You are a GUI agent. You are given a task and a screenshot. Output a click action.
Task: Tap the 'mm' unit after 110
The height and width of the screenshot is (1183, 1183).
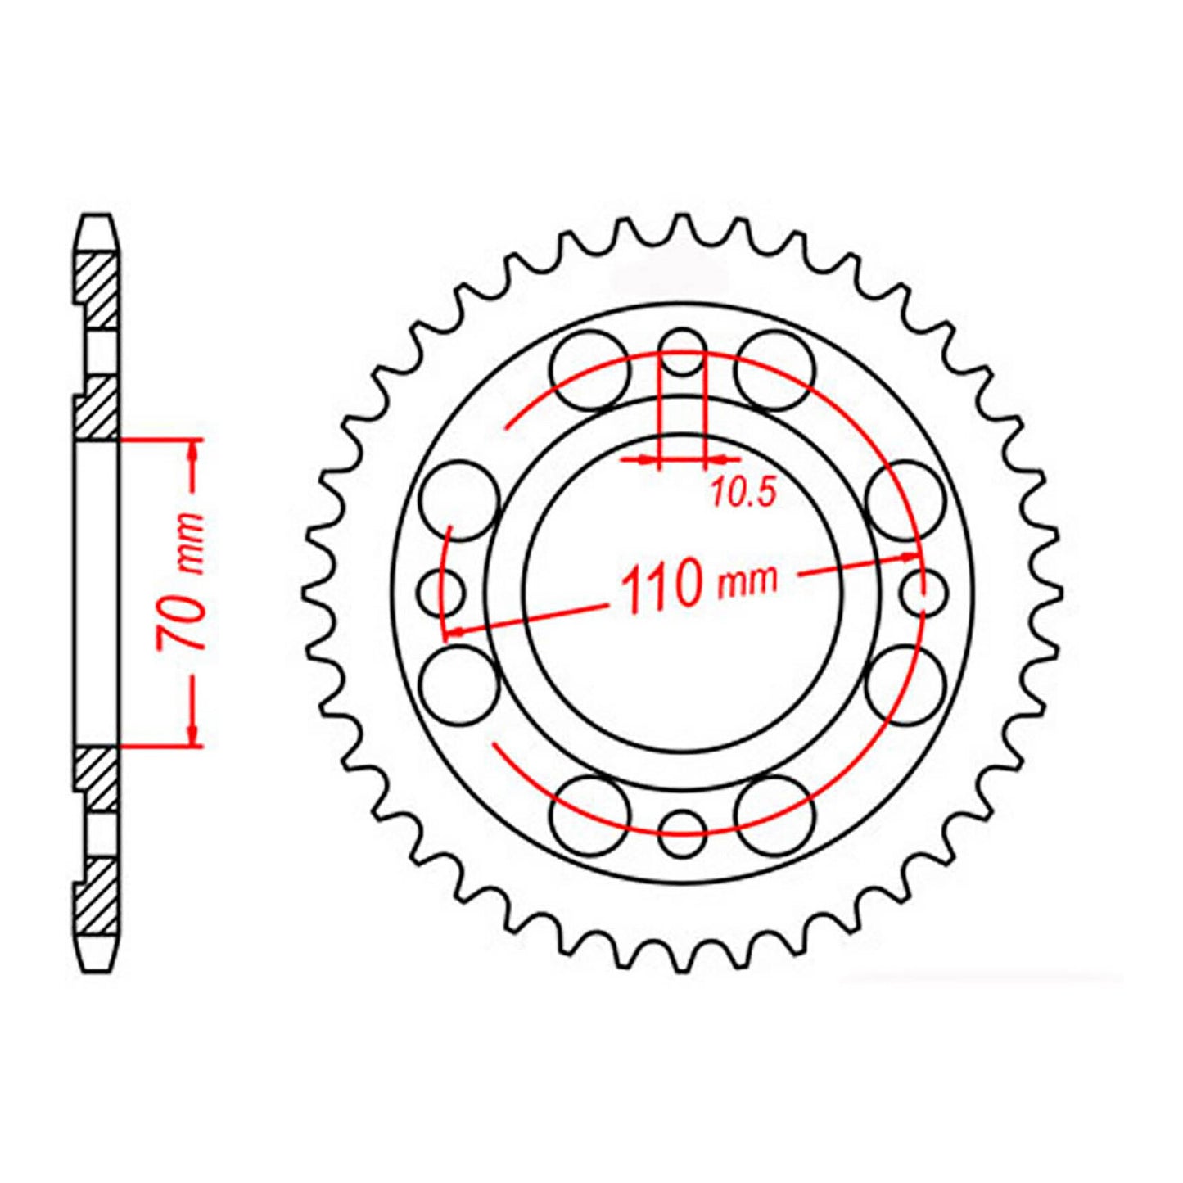coord(746,580)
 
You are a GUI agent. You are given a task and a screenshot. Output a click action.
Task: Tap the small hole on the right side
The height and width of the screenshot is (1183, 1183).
coord(923,591)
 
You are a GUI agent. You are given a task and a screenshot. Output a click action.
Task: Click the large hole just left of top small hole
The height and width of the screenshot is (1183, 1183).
coord(591,370)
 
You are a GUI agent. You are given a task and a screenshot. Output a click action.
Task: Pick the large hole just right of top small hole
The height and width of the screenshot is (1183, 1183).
coord(774,370)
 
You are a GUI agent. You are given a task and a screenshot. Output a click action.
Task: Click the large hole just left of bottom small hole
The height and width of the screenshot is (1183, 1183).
coord(591,815)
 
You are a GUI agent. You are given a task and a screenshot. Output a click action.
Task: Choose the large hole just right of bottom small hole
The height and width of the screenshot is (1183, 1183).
coord(774,815)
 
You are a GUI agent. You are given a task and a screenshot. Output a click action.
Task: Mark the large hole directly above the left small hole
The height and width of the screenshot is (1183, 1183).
coord(459,500)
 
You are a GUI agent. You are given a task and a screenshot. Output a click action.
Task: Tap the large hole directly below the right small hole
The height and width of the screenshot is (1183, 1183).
coord(905,684)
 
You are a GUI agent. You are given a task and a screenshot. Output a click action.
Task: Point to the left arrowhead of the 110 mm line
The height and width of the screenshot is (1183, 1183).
coord(453,632)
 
